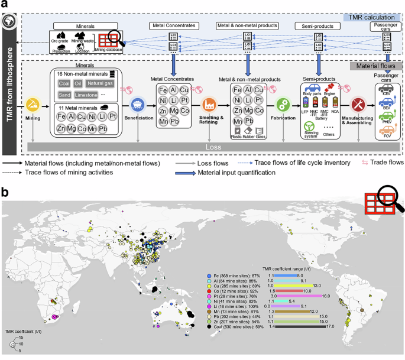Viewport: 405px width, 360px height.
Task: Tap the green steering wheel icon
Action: (309, 127)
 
